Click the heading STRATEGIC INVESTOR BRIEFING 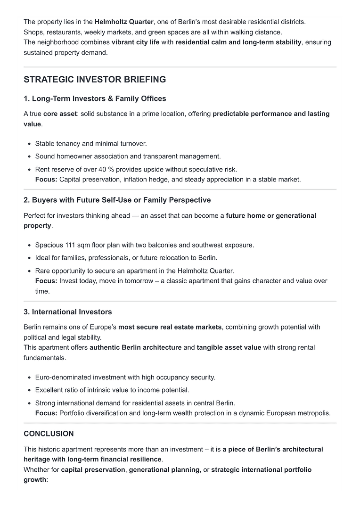[95, 80]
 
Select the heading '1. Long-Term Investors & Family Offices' [95, 99]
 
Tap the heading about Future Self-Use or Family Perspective [117, 200]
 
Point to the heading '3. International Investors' [67, 312]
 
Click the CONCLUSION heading [49, 434]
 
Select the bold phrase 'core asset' [60, 114]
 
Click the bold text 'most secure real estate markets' [170, 327]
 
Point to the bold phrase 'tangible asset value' [229, 347]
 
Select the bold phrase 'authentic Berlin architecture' [135, 347]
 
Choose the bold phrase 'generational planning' [164, 470]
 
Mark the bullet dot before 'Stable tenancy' [29, 144]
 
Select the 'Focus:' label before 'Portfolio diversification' [46, 413]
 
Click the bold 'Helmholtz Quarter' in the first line [124, 22]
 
